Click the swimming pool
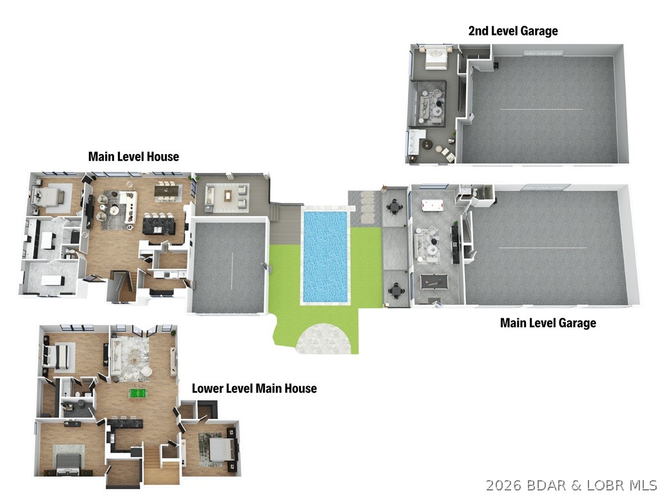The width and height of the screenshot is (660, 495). (x=325, y=257)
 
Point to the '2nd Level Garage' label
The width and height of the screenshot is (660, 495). (x=513, y=31)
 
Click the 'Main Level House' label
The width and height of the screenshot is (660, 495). (x=133, y=157)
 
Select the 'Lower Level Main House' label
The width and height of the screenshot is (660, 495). (x=254, y=388)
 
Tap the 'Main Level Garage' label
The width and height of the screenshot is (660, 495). (x=548, y=323)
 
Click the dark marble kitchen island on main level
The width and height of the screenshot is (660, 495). (x=159, y=224)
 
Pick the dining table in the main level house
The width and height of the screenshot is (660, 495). (x=168, y=190)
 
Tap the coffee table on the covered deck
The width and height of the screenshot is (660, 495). (x=228, y=196)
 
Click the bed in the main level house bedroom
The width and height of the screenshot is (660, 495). (x=48, y=196)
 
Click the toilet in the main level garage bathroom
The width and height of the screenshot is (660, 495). (x=474, y=193)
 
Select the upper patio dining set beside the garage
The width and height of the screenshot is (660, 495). (x=394, y=207)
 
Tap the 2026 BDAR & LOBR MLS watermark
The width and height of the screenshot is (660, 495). (x=571, y=485)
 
